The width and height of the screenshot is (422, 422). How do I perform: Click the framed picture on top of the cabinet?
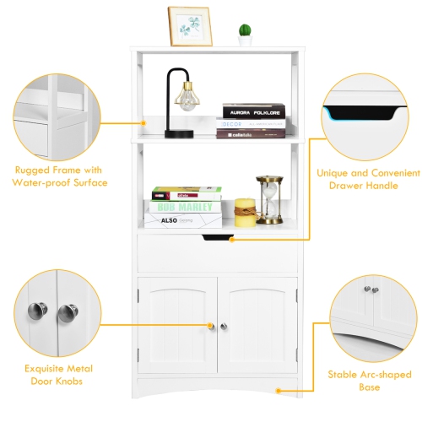(190, 26)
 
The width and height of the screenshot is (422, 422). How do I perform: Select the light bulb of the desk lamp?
(187, 99)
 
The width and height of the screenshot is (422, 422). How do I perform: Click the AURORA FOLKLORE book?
(253, 111)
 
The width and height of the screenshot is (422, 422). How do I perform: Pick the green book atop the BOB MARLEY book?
(187, 193)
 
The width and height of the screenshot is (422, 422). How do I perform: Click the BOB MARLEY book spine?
(187, 207)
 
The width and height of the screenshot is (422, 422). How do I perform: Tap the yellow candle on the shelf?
(245, 213)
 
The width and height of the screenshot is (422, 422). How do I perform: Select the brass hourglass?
(269, 200)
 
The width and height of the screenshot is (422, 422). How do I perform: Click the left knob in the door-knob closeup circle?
(37, 311)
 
